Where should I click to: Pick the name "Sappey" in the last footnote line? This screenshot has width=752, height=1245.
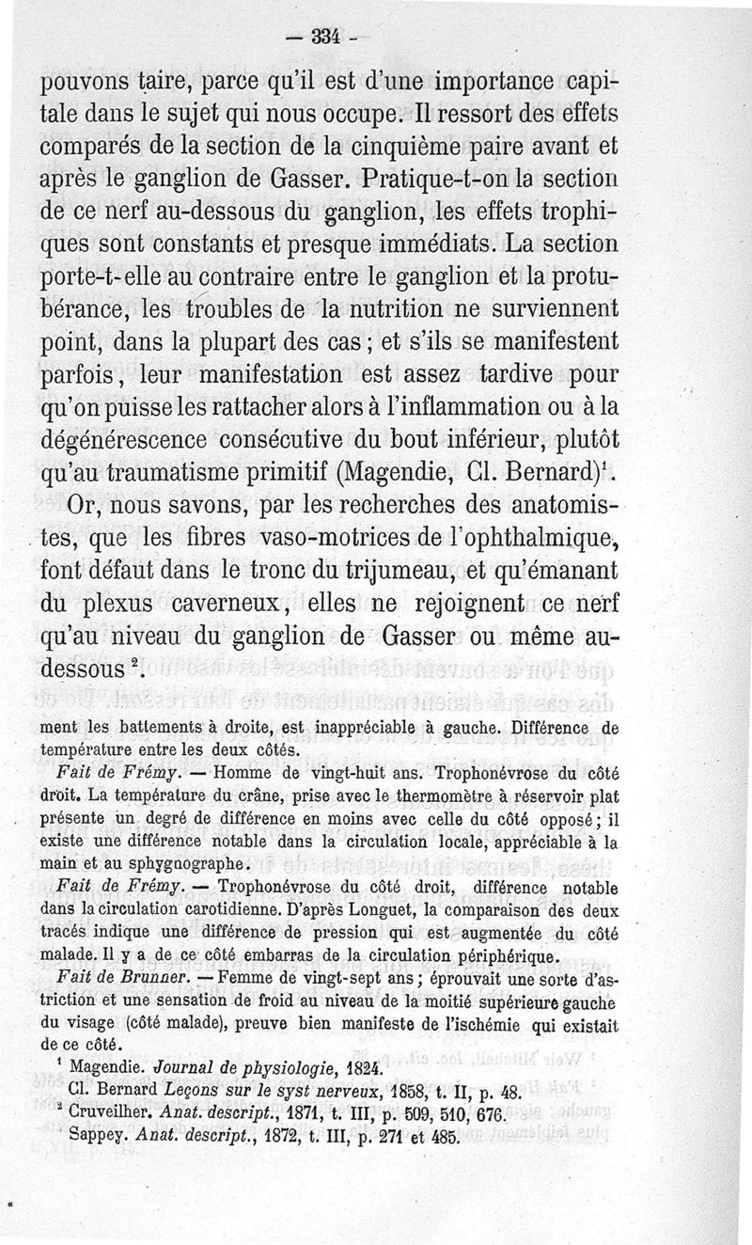pos(91,1137)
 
